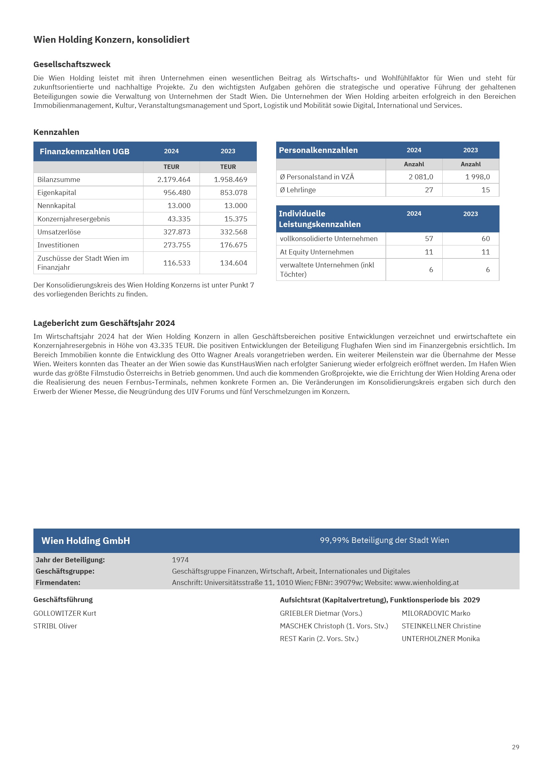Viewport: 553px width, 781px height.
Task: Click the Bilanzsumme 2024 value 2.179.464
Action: [x=174, y=180]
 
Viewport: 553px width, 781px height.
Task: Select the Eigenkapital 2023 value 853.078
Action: [x=233, y=193]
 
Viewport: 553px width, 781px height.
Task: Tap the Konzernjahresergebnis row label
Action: [x=74, y=219]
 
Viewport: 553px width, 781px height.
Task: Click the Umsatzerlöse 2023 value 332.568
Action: [x=233, y=232]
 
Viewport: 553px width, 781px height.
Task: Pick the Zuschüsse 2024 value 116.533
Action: [x=177, y=263]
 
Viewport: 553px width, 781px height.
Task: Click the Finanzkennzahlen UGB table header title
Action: [x=85, y=152]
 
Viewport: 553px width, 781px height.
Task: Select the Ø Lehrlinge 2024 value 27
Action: [x=429, y=190]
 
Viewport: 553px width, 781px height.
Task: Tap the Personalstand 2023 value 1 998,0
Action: [x=477, y=177]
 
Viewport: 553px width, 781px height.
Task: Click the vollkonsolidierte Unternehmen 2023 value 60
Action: [x=485, y=239]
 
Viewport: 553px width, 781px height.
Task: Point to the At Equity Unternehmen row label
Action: [x=317, y=252]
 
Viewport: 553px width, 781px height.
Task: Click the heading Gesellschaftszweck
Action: [x=72, y=65]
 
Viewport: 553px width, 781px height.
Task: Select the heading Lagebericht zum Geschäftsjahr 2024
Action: [x=104, y=323]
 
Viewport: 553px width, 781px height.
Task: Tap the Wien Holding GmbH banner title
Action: [x=86, y=541]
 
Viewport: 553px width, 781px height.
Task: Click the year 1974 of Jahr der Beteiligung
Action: [x=180, y=560]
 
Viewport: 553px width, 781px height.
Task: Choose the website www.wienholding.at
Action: [x=426, y=583]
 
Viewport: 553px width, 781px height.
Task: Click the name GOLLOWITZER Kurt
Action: [x=65, y=613]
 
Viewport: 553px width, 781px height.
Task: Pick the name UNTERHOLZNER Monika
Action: [x=441, y=639]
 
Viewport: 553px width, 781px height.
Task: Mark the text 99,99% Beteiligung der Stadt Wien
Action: [x=384, y=540]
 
